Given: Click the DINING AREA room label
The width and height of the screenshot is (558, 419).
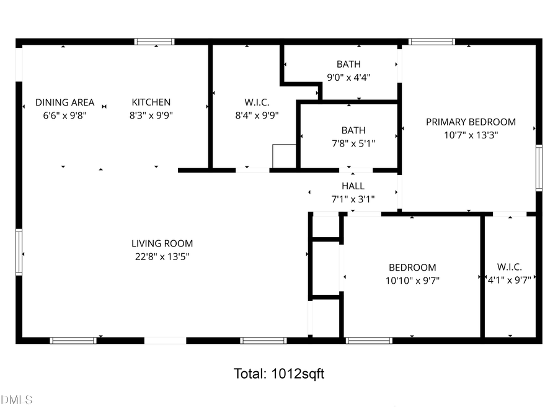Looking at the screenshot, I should click(65, 102).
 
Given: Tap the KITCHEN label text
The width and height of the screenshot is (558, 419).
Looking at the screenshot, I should click(150, 102).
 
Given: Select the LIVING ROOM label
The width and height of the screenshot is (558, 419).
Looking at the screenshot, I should click(162, 244).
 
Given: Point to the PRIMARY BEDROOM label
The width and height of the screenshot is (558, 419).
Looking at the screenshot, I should click(471, 122).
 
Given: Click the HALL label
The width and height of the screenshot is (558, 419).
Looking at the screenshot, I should click(353, 186).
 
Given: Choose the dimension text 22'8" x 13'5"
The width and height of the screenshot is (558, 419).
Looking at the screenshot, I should click(162, 256).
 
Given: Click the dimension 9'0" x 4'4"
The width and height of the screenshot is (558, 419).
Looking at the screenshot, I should click(348, 78).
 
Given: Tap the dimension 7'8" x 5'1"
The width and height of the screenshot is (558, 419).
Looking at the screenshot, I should click(353, 143).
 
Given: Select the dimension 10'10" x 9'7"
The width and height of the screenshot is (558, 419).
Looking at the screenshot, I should click(412, 280).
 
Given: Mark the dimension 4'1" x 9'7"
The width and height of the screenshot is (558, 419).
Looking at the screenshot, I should click(509, 280).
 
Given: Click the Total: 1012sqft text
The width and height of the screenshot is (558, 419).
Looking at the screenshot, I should click(278, 374).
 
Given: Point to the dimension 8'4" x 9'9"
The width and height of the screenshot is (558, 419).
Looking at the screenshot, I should click(257, 115).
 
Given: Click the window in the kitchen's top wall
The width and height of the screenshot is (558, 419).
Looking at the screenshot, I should click(154, 42).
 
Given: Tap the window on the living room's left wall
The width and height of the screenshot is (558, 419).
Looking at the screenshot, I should click(19, 252).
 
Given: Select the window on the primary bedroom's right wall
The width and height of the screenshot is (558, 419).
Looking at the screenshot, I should click(539, 168).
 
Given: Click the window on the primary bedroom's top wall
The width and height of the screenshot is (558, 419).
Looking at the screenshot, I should click(432, 42).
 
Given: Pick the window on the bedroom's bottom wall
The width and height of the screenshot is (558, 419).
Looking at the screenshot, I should click(369, 340).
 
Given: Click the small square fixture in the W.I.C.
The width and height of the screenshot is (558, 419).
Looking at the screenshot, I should click(284, 156).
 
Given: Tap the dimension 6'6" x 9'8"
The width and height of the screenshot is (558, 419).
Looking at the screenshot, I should click(65, 115).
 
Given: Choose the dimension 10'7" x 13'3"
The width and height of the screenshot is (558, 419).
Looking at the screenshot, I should click(471, 135).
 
